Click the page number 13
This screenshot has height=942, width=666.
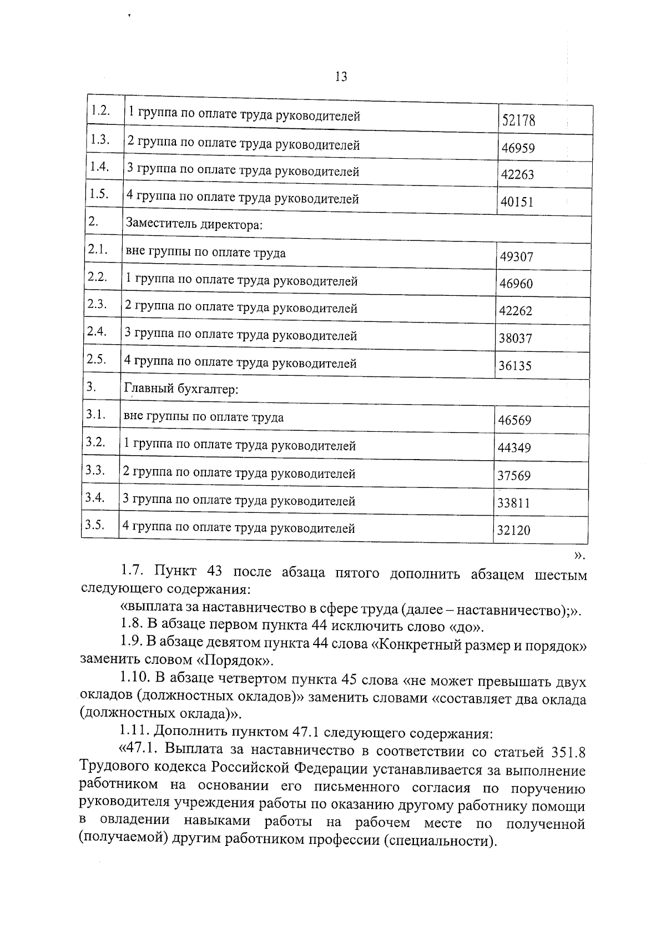(x=341, y=77)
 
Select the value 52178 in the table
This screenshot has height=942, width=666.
(x=518, y=120)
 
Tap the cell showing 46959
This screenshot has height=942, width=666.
(x=518, y=148)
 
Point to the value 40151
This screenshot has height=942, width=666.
(x=517, y=202)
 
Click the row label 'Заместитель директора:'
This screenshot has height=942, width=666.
(x=194, y=225)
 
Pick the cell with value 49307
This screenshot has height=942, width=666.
(x=516, y=257)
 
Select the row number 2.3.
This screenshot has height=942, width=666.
(x=97, y=304)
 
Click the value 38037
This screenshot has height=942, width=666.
(x=516, y=338)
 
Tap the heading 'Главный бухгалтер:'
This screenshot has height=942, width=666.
(x=181, y=389)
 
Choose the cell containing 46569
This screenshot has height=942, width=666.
(x=514, y=420)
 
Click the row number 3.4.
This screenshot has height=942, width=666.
(x=95, y=497)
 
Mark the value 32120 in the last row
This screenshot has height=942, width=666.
(x=513, y=530)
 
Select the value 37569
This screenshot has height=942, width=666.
(x=514, y=476)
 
